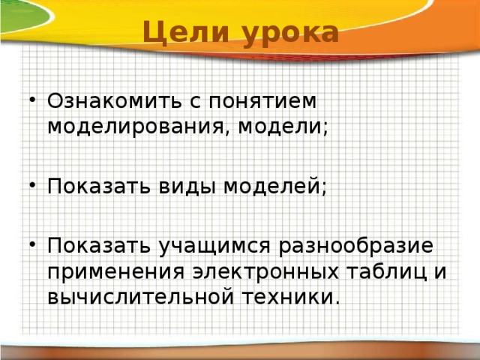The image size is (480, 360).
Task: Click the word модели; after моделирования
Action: [x=289, y=125]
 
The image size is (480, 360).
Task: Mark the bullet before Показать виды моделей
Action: [x=28, y=186]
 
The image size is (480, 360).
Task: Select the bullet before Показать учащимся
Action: [x=28, y=246]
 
